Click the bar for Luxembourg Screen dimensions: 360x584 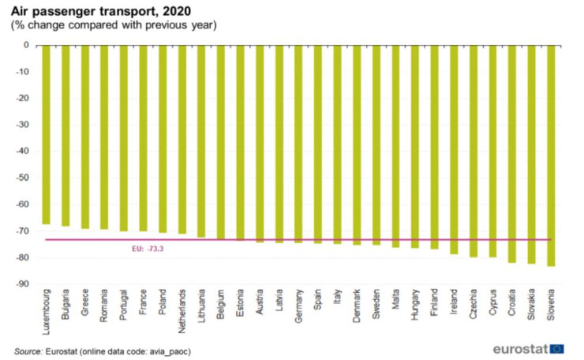[x=46, y=134]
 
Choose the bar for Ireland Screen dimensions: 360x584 [x=454, y=149]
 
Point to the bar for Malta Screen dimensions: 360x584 [x=395, y=146]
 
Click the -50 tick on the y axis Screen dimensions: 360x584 [x=24, y=178]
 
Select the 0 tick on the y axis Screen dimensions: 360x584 [x=27, y=45]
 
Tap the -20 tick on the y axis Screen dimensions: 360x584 [x=24, y=98]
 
